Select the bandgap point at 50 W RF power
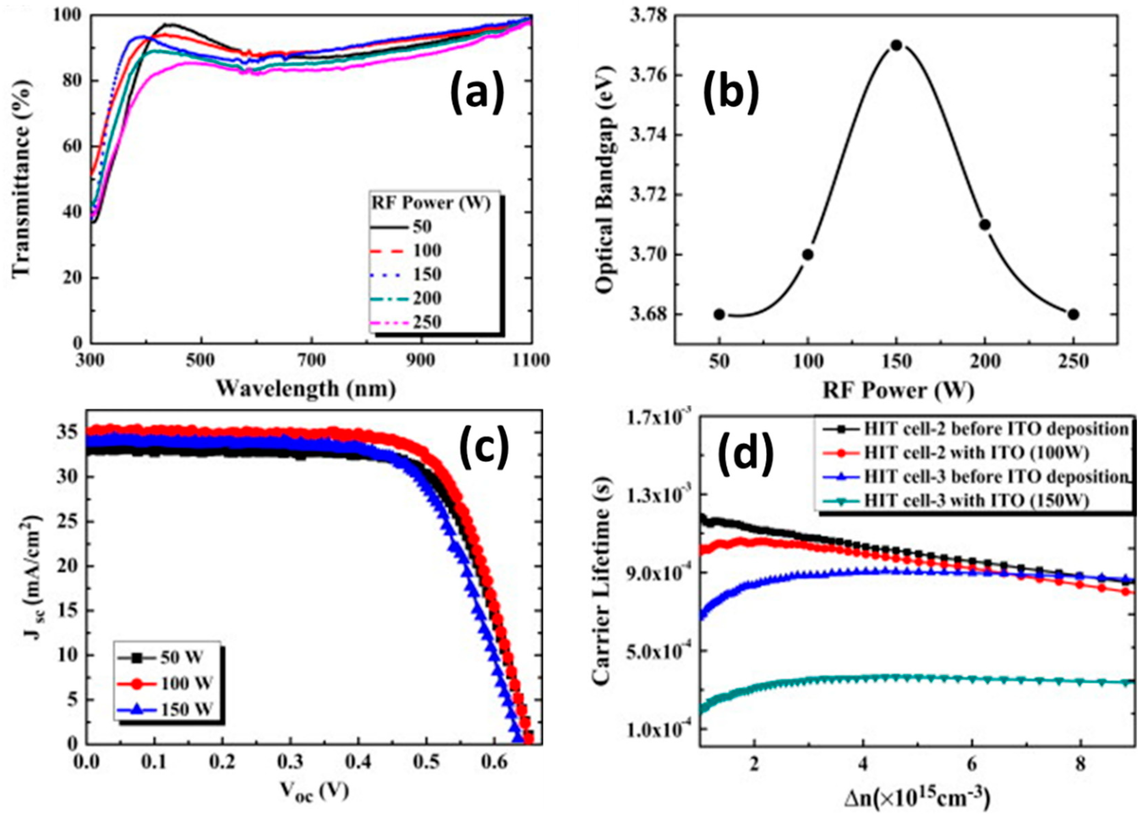[x=719, y=314]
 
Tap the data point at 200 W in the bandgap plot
[x=985, y=225]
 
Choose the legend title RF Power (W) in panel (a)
[x=431, y=203]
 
